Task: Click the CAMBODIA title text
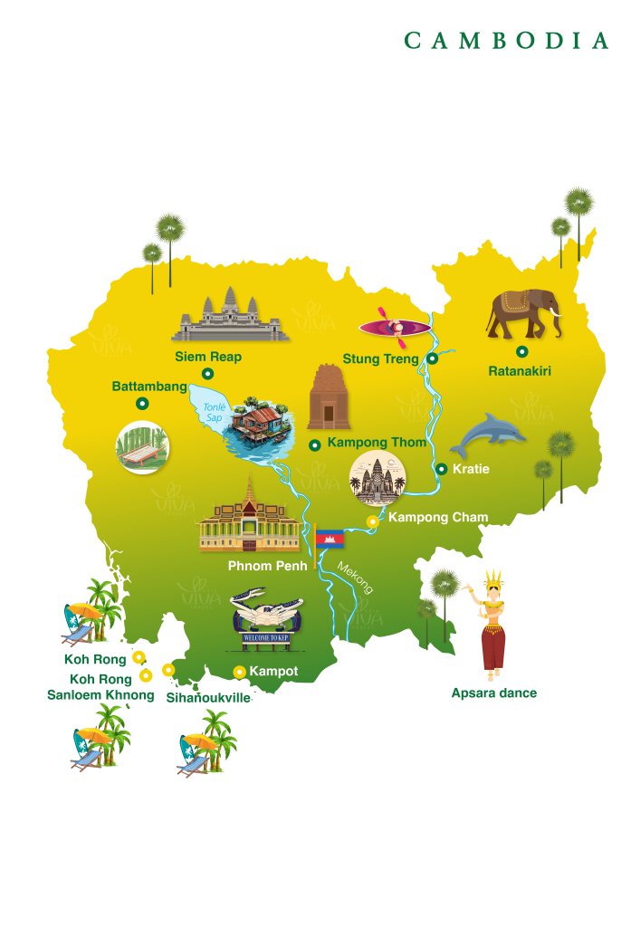coord(506,41)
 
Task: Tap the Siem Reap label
coord(208,357)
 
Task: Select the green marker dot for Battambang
coord(141,404)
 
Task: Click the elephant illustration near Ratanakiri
coord(523,313)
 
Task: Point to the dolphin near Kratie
coord(487,435)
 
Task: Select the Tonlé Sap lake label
coord(215,413)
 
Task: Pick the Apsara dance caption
coord(493,693)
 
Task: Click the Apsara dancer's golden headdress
coord(492,580)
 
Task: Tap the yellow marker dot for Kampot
coord(239,672)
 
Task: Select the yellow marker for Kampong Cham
coord(371,521)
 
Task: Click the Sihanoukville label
coord(208,699)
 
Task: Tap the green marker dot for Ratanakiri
coord(521,351)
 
